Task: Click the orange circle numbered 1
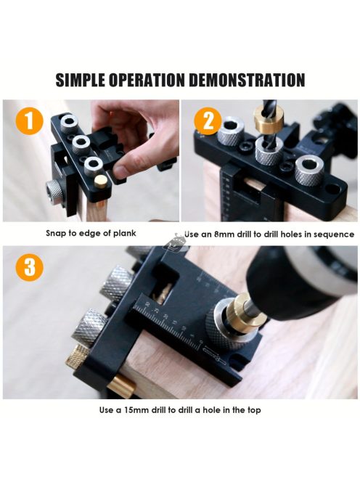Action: pos(29,120)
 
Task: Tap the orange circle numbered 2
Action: pos(208,120)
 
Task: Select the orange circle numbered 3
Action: pos(29,267)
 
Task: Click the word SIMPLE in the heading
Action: pos(81,80)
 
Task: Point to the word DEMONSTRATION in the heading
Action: pos(247,80)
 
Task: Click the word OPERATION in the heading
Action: pos(147,80)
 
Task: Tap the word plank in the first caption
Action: pos(125,233)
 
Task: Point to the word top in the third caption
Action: pos(254,410)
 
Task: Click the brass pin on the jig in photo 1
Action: pos(99,181)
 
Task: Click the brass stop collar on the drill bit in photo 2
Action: pos(268,122)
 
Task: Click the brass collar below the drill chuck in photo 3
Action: pos(240,314)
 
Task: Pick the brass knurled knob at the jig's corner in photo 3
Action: pos(77,356)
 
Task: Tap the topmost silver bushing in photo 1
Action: pos(70,123)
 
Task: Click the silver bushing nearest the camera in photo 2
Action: pos(308,170)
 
